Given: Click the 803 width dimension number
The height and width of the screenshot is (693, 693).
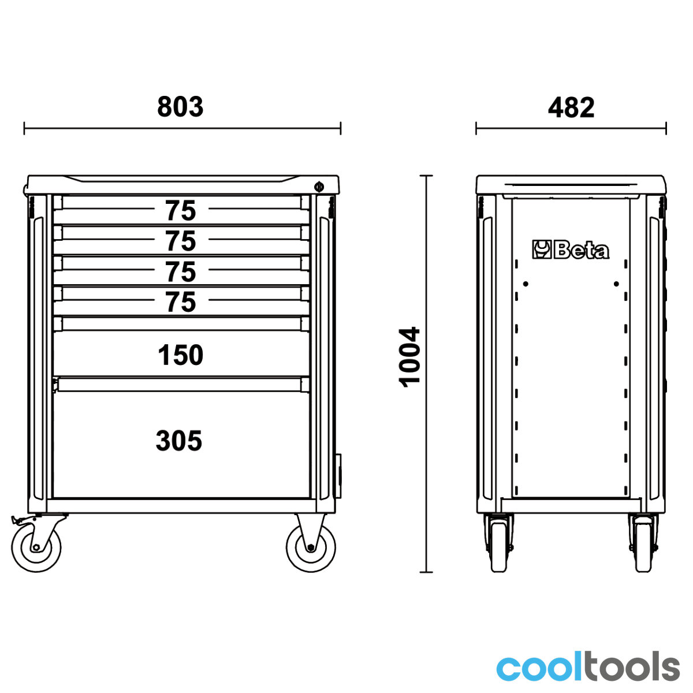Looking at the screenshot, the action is [x=180, y=107].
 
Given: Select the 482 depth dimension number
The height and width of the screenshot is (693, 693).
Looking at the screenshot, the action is [x=571, y=107].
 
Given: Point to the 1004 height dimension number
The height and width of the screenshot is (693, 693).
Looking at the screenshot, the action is [x=409, y=357].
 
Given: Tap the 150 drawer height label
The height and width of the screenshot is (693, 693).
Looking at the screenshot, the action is [x=181, y=355].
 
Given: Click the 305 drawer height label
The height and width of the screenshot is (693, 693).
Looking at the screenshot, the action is [x=178, y=441].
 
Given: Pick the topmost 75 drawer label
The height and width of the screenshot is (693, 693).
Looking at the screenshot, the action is [x=181, y=211].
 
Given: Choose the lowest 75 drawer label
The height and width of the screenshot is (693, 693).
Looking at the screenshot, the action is [x=181, y=302].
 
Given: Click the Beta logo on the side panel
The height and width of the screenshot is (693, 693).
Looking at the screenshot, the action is [x=571, y=249].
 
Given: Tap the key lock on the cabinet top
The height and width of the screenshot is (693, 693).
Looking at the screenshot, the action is [x=319, y=187].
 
